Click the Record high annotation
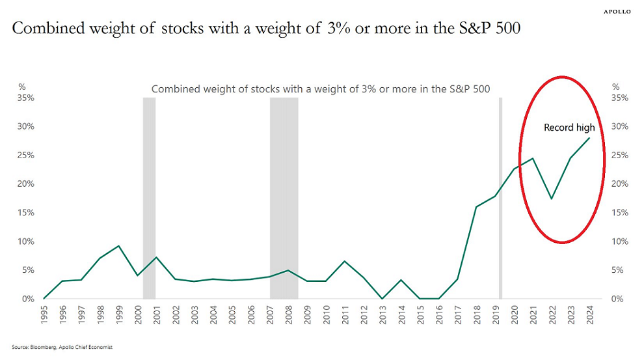click(569, 128)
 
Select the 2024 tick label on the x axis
click(589, 314)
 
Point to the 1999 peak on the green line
click(118, 246)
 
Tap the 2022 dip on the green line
click(552, 199)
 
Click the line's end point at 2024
click(589, 138)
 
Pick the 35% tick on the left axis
click(26, 98)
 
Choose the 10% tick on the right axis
click(620, 242)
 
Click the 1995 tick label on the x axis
click(44, 314)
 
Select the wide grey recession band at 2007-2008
click(284, 195)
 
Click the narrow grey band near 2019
click(500, 195)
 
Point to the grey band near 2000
click(149, 195)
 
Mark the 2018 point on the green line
click(476, 207)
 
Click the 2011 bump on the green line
click(344, 261)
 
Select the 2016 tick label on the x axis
click(438, 314)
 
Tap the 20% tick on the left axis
click(26, 184)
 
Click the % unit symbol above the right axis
click(615, 86)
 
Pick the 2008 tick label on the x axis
click(288, 314)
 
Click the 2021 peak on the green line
click(533, 158)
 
